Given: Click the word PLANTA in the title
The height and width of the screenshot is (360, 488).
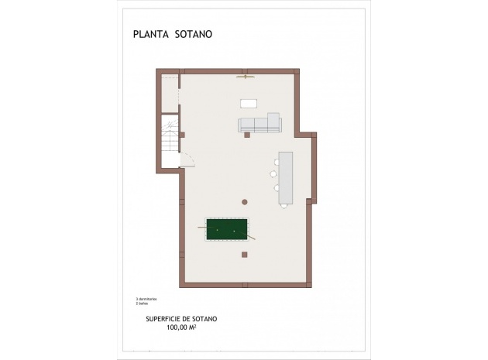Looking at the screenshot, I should (x=149, y=34).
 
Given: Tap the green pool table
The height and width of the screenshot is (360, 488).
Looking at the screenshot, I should (x=227, y=230).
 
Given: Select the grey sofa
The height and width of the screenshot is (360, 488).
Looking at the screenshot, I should (x=259, y=124).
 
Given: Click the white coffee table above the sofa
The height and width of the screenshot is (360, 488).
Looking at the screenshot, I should (x=249, y=103).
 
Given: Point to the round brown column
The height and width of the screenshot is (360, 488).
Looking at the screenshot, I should (x=244, y=201).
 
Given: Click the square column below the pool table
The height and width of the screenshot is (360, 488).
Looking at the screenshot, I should (x=246, y=254).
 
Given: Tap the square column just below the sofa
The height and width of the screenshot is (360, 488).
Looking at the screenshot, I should (x=247, y=135).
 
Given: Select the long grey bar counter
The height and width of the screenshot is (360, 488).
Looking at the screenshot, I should (x=286, y=177).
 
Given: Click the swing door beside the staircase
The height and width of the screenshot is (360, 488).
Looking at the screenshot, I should (x=188, y=159).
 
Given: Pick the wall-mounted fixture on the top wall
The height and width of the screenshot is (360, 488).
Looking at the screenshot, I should (x=246, y=76).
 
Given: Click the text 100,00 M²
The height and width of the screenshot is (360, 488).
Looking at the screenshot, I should (x=181, y=327).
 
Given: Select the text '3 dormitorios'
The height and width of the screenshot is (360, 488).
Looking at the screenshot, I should (x=146, y=298).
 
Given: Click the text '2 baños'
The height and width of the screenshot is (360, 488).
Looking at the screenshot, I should (x=142, y=303).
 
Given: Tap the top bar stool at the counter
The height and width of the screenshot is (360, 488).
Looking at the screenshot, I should (x=275, y=162).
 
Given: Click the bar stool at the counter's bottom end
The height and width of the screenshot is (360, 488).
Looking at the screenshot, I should (x=276, y=188).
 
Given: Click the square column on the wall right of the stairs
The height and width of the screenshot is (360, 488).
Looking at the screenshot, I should (x=182, y=135).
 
